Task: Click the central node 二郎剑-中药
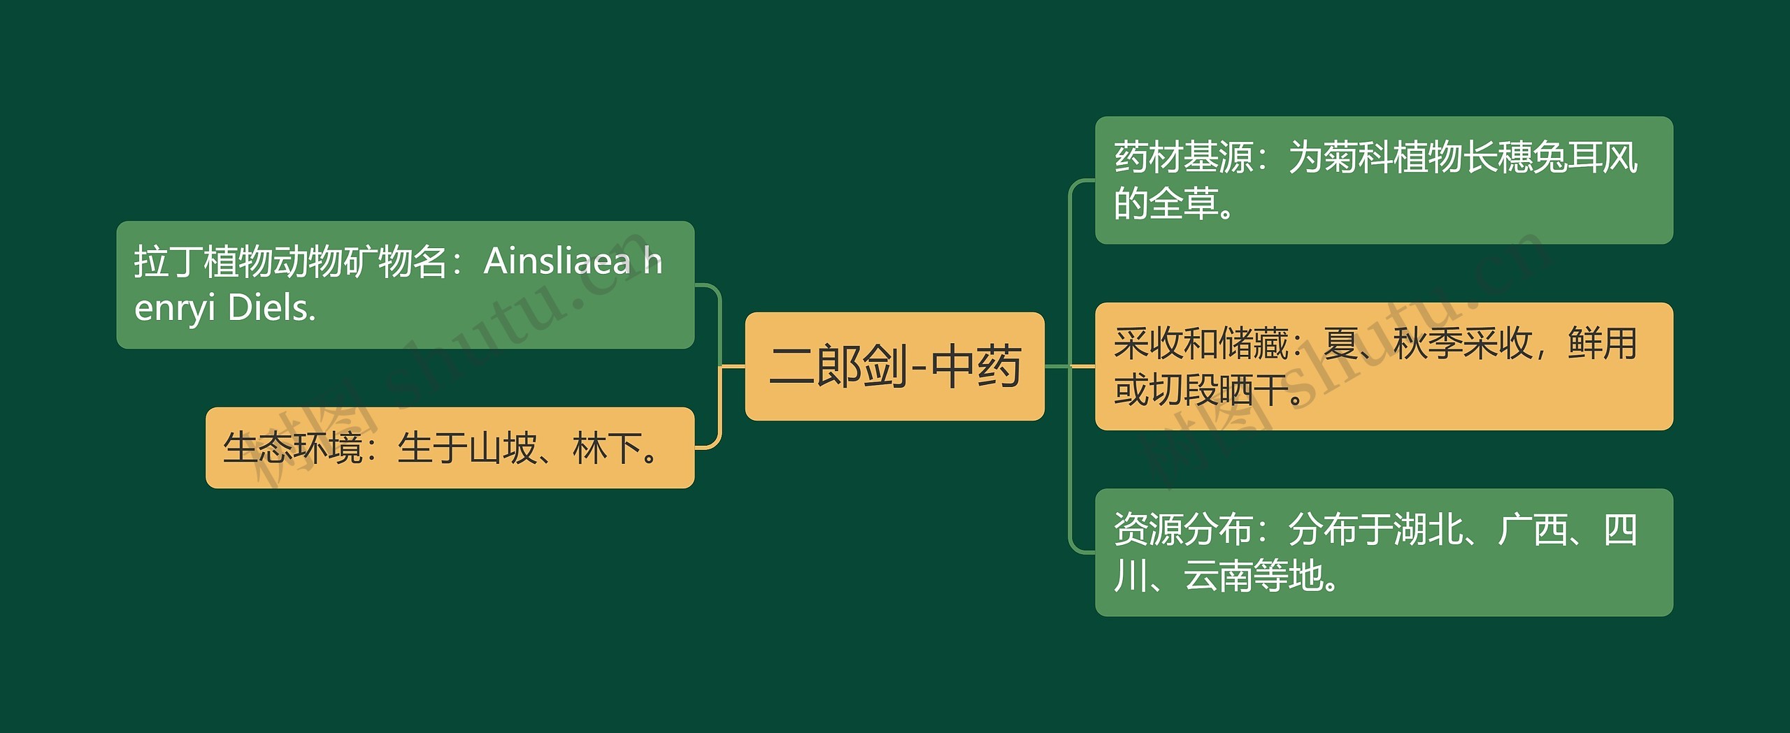[x=894, y=366]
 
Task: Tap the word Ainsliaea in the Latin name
[x=557, y=261]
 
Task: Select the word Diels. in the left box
[x=272, y=307]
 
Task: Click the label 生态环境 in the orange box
[x=292, y=448]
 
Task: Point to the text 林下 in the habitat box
[x=607, y=448]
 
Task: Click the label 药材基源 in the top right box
[x=1183, y=157]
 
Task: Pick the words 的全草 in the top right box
[x=1166, y=204]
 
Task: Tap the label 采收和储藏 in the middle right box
[x=1201, y=344]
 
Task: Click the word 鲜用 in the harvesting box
[x=1603, y=344]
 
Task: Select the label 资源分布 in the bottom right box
[x=1183, y=530]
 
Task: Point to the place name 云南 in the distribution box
[x=1218, y=576]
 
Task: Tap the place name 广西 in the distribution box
[x=1533, y=530]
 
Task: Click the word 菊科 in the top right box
[x=1358, y=157]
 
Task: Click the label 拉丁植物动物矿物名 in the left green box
[x=291, y=261]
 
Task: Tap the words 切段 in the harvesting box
[x=1183, y=390]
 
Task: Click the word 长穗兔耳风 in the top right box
[x=1550, y=157]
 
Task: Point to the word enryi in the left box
[x=175, y=309]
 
